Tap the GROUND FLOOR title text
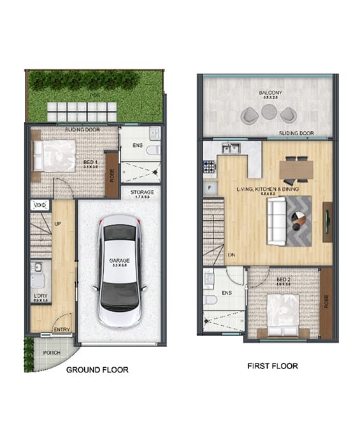97,370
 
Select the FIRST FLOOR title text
272,366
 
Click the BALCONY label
270,93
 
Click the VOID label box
40,205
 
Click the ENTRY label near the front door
62,329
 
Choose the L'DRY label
39,297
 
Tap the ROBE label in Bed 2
327,302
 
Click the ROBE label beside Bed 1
112,174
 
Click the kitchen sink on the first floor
230,148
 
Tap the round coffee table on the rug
298,217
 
